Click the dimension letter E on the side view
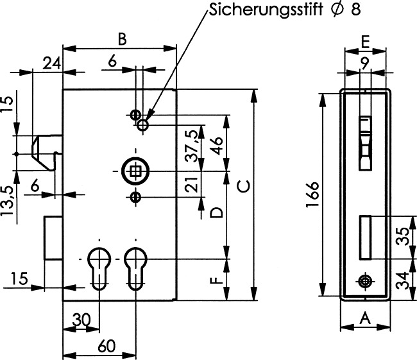pyautogui.click(x=364, y=42)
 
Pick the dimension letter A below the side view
pyautogui.click(x=364, y=317)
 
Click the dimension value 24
pyautogui.click(x=52, y=63)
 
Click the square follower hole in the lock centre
pyautogui.click(x=135, y=171)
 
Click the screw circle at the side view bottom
pyautogui.click(x=364, y=282)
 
